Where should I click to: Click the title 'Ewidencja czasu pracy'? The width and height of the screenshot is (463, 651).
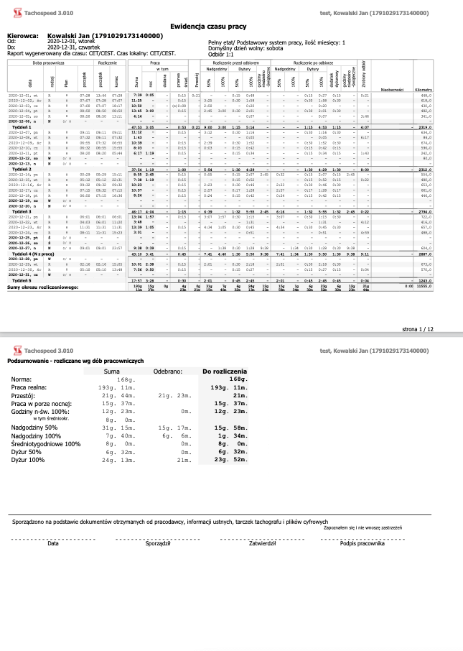[x=231, y=25]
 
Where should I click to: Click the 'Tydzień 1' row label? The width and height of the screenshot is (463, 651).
[x=23, y=126]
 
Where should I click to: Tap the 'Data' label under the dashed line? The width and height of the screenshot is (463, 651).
[x=52, y=543]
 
